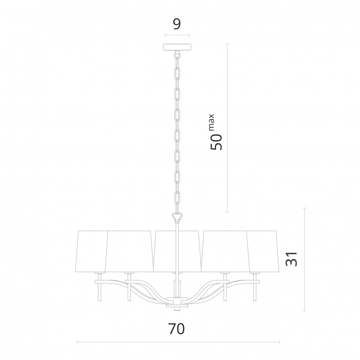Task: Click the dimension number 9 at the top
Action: (x=177, y=24)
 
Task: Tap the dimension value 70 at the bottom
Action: (x=176, y=329)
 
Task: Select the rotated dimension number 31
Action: (x=292, y=259)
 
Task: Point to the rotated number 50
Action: (x=217, y=142)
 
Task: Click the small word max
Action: (x=211, y=122)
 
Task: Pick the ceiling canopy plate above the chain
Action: (x=177, y=47)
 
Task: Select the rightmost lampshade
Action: (x=263, y=251)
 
